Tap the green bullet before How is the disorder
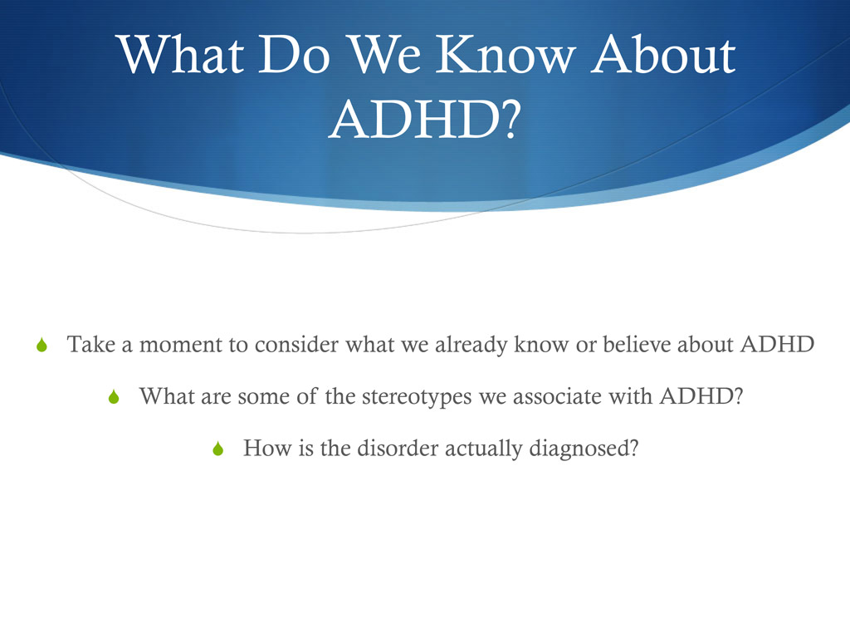tap(218, 449)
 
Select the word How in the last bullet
tap(262, 449)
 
